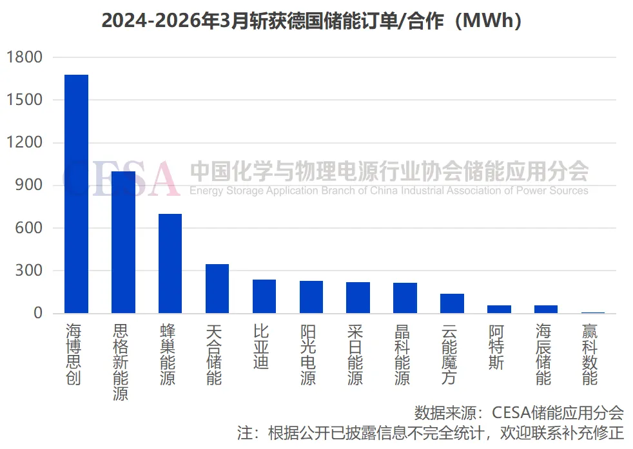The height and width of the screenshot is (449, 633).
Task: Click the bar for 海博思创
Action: click(76, 194)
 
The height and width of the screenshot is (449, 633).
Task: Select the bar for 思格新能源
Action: click(123, 242)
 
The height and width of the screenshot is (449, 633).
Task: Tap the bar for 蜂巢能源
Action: click(170, 263)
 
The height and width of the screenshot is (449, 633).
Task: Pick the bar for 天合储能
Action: click(217, 289)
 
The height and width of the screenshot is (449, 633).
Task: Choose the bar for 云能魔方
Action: click(452, 303)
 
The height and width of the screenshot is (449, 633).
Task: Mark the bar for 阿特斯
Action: click(499, 309)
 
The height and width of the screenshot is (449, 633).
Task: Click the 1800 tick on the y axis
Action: click(24, 58)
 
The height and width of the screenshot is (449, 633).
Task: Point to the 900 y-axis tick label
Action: click(29, 186)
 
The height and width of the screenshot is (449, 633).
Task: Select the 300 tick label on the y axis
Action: click(29, 271)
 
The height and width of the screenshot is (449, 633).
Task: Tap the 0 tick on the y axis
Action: click(38, 314)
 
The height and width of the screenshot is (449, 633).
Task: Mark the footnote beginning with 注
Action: click(430, 433)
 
